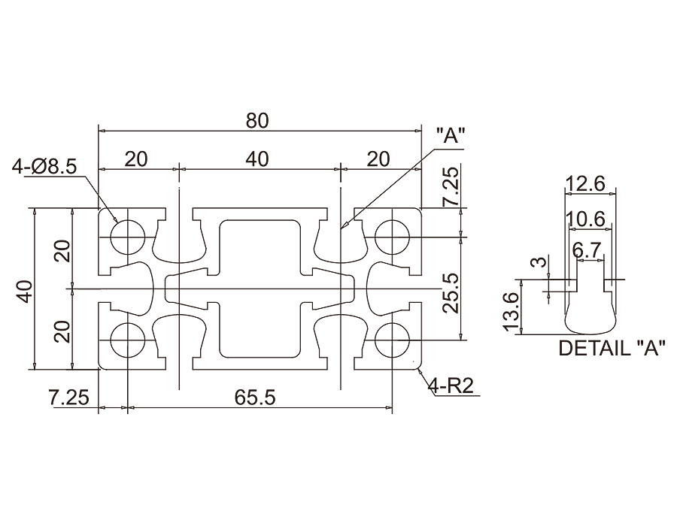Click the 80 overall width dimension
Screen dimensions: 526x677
click(x=257, y=119)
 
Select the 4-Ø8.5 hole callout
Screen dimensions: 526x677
click(x=44, y=167)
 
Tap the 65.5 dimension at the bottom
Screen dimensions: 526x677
click(x=253, y=398)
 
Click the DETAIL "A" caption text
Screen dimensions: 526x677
click(x=612, y=348)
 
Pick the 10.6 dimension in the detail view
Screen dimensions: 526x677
click(x=586, y=219)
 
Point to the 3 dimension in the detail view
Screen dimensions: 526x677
click(x=536, y=262)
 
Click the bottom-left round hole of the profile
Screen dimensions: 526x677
click(x=127, y=340)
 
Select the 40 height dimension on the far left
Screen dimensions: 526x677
click(x=24, y=290)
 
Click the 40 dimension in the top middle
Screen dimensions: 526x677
click(x=257, y=159)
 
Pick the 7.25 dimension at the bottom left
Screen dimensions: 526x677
click(x=69, y=398)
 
